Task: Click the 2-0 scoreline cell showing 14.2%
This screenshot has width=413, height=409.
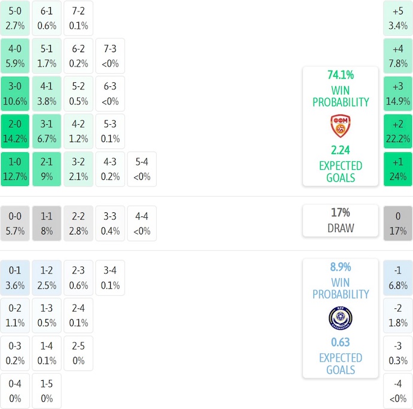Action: click(x=15, y=131)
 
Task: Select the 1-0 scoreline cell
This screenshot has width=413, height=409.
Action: click(x=15, y=169)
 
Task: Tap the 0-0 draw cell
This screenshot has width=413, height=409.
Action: click(x=15, y=224)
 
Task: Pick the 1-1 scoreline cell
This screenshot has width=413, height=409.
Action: click(x=47, y=224)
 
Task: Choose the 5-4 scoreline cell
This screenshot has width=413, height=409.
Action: click(x=142, y=169)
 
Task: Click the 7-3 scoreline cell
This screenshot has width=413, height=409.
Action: click(x=110, y=56)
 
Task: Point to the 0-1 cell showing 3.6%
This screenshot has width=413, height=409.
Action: click(x=15, y=278)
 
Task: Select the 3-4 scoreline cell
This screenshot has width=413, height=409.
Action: click(x=110, y=278)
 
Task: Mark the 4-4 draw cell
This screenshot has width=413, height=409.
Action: click(x=142, y=224)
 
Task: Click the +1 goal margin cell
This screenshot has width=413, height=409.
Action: click(x=398, y=169)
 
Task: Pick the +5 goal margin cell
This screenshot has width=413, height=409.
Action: click(x=398, y=18)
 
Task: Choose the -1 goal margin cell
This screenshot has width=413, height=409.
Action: click(x=398, y=278)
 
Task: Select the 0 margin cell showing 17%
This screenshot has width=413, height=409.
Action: click(x=398, y=224)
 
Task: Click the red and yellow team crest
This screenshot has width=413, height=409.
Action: click(x=340, y=127)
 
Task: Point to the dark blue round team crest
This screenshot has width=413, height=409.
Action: click(x=340, y=318)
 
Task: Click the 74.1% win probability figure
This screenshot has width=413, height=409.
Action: click(x=340, y=75)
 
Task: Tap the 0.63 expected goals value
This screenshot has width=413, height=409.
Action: click(x=340, y=342)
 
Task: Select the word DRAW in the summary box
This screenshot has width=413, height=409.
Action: click(x=340, y=228)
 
